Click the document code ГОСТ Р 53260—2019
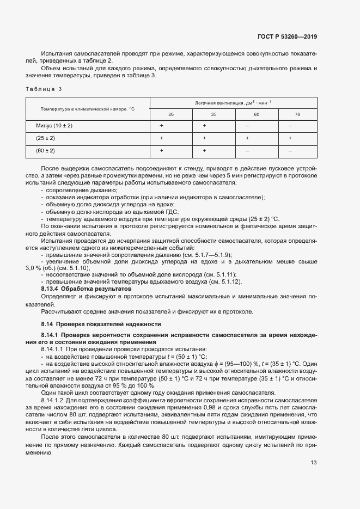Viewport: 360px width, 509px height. coord(286,37)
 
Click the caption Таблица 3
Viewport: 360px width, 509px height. coord(44,89)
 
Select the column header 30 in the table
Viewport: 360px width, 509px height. coord(171,114)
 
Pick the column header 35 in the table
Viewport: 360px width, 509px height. coord(213,114)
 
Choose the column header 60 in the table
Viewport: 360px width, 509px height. coord(257,114)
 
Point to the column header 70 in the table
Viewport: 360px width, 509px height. coord(297,114)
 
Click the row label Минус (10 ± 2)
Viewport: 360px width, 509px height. coord(54,126)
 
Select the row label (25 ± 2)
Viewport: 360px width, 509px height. coord(46,138)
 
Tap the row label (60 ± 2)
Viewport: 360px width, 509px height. coord(46,150)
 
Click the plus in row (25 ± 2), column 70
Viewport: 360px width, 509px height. coord(290,138)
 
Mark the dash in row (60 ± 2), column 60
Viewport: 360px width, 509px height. coord(247,150)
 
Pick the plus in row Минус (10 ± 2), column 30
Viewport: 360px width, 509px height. coord(162,126)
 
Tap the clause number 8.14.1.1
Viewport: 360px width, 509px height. coord(52,348)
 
